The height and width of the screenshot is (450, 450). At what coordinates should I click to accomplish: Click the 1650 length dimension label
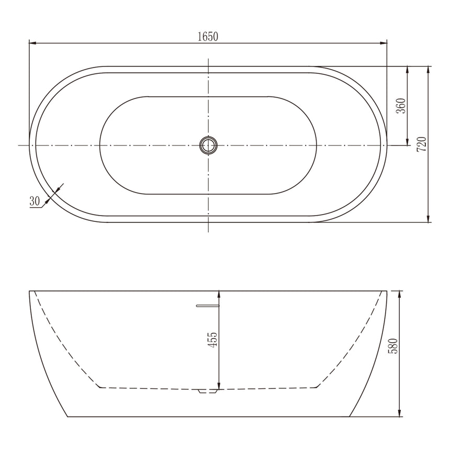pos(208,37)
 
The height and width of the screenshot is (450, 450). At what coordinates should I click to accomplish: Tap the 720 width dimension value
pos(422,144)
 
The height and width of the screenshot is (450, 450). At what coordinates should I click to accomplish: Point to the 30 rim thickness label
pos(35,201)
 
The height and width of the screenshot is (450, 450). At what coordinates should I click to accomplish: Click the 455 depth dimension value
pos(212,340)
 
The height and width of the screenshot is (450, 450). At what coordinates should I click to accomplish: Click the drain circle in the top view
pos(208,145)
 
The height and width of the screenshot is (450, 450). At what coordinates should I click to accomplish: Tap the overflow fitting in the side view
pos(207,305)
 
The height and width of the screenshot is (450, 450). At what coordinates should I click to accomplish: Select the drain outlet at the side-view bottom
pos(208,390)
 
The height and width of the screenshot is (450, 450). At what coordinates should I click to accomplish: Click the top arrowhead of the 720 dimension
pos(429,70)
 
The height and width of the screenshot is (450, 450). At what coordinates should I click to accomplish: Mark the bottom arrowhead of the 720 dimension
pos(429,219)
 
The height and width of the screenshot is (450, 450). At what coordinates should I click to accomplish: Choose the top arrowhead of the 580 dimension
pos(399,294)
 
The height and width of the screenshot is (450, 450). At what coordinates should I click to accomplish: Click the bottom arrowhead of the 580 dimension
pos(399,414)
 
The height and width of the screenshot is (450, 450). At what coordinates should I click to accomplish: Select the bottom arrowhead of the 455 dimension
pos(219,387)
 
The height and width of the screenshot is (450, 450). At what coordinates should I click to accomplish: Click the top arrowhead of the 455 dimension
pos(219,294)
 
